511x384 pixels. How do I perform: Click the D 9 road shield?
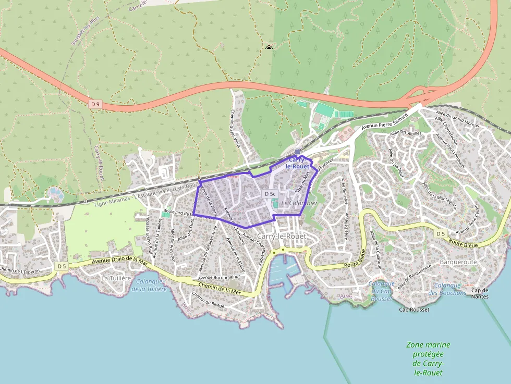coord(94,104)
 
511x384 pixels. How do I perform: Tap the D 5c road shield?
coord(270,194)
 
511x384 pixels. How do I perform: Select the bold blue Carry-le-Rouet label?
coord(298,162)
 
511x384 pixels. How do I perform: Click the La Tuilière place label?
coord(116,278)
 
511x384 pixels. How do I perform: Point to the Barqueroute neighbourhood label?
coord(458,262)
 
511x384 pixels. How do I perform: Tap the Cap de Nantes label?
coord(479,293)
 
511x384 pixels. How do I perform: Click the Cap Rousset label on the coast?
coord(414,310)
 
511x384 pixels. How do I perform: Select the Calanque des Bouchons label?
coord(447,289)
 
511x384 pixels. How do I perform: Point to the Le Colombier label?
coord(299,202)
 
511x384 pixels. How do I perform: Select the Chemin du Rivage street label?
coord(209,300)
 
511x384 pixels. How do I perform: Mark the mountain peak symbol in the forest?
coord(269,48)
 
